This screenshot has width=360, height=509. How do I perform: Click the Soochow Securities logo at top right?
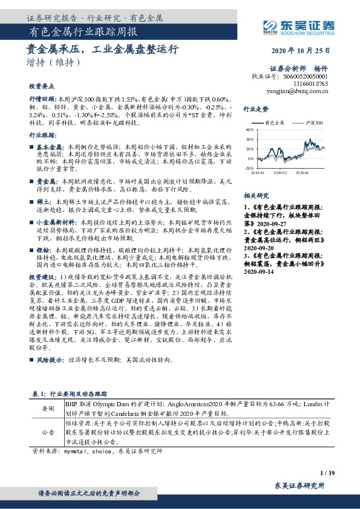[x=300, y=25]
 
